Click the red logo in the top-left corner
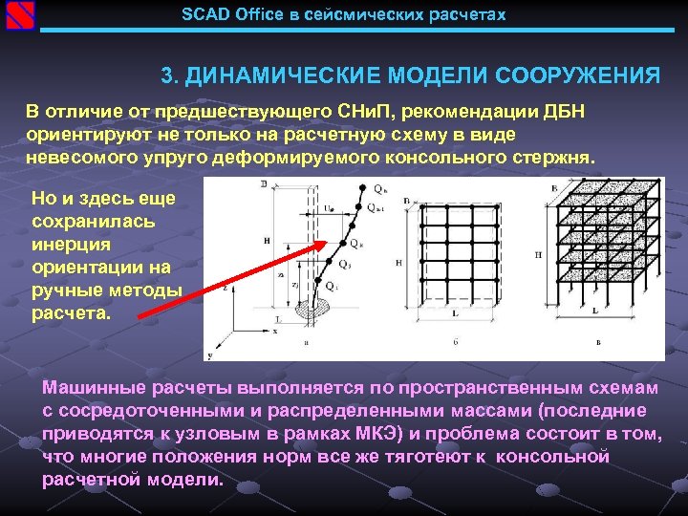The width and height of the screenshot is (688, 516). [x=19, y=16]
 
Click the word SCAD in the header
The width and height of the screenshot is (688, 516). [x=203, y=15]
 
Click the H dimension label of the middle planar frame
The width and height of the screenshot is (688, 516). [x=398, y=261]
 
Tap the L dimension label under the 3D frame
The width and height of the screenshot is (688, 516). [x=596, y=311]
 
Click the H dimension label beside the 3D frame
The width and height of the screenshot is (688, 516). [x=540, y=255]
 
